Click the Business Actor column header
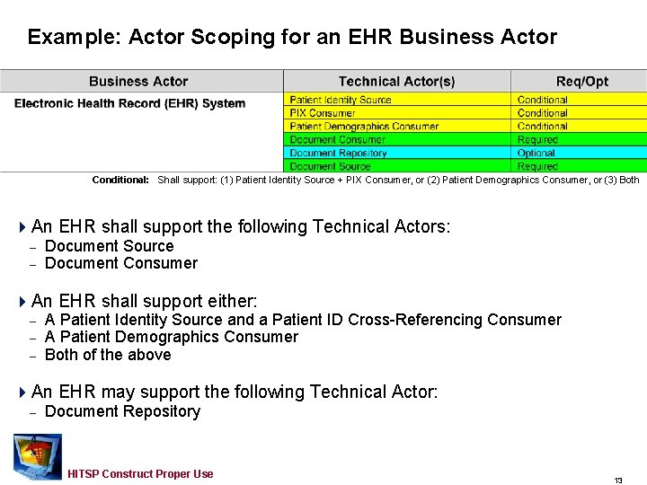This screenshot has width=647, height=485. pyautogui.click(x=138, y=82)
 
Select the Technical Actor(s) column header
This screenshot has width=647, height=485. pyautogui.click(x=396, y=82)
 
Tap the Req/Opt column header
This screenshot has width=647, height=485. pyautogui.click(x=581, y=82)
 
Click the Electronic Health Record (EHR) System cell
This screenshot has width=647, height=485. pyautogui.click(x=129, y=103)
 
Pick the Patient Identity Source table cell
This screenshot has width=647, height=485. pyautogui.click(x=341, y=100)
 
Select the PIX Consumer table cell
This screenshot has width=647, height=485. pyautogui.click(x=323, y=113)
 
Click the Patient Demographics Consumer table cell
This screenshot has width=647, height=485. pyautogui.click(x=364, y=127)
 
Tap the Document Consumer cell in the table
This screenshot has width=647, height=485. pyautogui.click(x=337, y=140)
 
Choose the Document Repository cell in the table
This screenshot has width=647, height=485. pyautogui.click(x=338, y=154)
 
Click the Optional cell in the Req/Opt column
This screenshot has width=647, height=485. pyautogui.click(x=536, y=154)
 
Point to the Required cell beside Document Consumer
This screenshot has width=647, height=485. pyautogui.click(x=537, y=140)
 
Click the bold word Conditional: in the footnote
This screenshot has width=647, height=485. pyautogui.click(x=120, y=180)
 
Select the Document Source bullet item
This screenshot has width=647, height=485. pyautogui.click(x=109, y=246)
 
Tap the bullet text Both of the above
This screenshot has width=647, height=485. pyautogui.click(x=108, y=355)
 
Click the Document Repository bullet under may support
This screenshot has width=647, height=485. pyautogui.click(x=122, y=411)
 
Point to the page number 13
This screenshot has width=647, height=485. pyautogui.click(x=618, y=481)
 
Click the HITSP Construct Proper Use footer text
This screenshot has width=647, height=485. pyautogui.click(x=140, y=474)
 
